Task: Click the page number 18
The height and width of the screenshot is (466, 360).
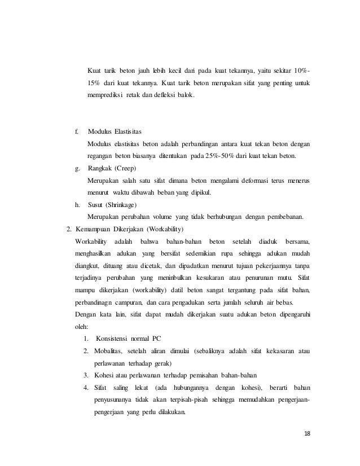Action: click(307, 433)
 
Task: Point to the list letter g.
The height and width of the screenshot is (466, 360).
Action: click(77, 169)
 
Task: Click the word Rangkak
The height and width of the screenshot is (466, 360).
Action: click(100, 169)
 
